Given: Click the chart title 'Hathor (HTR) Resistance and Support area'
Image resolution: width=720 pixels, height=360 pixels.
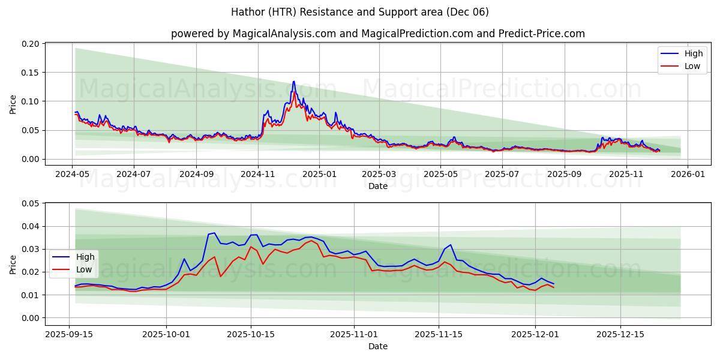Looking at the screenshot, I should (x=360, y=12).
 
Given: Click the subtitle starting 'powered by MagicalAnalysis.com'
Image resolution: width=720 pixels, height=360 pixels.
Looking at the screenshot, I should (x=378, y=34).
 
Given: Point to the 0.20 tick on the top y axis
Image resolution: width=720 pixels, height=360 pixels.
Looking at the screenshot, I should (x=31, y=44).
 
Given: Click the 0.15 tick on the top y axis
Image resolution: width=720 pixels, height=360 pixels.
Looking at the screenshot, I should (x=31, y=73).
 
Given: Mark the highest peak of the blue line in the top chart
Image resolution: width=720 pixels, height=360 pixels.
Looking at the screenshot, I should (x=293, y=82).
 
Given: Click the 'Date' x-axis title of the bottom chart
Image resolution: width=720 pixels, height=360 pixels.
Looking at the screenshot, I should (x=377, y=346).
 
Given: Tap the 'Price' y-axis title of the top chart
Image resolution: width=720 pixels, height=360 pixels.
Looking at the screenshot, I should (x=13, y=103).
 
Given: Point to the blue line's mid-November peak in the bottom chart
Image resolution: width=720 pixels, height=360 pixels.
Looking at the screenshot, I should (x=451, y=245).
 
